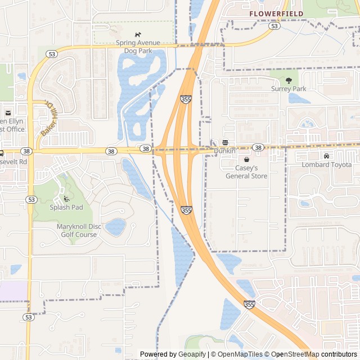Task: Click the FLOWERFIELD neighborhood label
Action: pos(276,13)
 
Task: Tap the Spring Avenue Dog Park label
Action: pos(138,47)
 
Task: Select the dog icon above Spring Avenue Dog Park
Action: pos(138,34)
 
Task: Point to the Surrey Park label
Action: pos(289,88)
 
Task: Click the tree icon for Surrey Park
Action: pos(289,80)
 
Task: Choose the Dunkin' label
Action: pos(224,151)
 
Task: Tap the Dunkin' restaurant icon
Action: pos(225,142)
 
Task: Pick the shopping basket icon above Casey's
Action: pos(246,160)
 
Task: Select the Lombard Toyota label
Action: pos(326,164)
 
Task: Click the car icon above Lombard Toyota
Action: pos(326,156)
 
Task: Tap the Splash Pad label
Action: pos(66,207)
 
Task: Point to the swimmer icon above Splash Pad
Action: pos(66,199)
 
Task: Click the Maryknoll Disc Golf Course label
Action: pos(79,231)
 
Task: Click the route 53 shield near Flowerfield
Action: pos(274,26)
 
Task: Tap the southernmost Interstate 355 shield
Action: pos(249,304)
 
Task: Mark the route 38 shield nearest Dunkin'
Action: pos(258,147)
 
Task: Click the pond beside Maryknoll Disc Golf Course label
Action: pos(115,227)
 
